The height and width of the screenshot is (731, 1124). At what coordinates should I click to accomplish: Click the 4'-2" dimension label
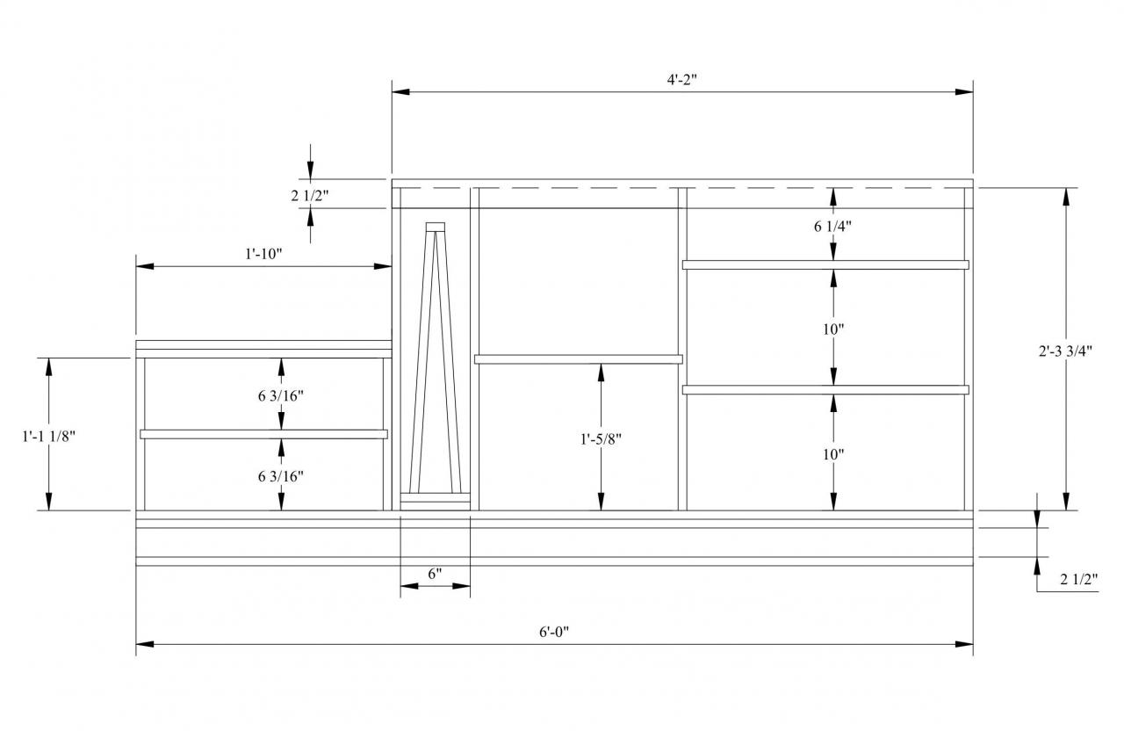(x=681, y=78)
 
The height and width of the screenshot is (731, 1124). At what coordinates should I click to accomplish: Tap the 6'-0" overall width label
(x=554, y=631)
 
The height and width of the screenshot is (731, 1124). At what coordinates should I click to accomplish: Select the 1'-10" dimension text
(x=263, y=253)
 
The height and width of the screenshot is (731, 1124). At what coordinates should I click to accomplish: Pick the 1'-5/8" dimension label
(x=601, y=438)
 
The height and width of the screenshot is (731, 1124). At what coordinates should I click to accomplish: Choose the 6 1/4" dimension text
(x=832, y=226)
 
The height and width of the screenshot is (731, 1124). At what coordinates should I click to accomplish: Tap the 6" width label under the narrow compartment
(x=435, y=574)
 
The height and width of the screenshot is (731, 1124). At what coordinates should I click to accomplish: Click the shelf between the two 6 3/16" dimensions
(x=263, y=433)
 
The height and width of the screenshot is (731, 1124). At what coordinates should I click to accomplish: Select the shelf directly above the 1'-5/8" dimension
(x=578, y=358)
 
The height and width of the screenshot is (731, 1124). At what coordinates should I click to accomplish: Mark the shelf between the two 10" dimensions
(x=825, y=389)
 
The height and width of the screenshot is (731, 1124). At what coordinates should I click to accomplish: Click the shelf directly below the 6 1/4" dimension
(x=825, y=264)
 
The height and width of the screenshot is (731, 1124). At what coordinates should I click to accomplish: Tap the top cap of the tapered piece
(x=436, y=227)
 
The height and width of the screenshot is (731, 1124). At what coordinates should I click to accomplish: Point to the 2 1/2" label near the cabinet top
(x=309, y=196)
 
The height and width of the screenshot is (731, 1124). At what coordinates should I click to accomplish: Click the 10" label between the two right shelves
(x=832, y=329)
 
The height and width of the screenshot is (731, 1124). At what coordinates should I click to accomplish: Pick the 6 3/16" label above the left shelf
(x=281, y=395)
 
